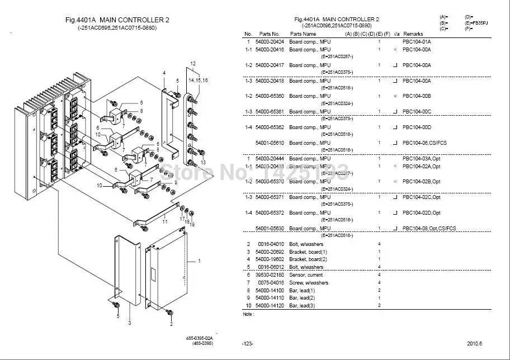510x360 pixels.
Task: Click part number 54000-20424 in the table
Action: point(270,42)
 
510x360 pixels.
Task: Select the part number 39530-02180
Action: point(270,275)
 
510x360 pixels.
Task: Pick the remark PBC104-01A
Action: point(417,42)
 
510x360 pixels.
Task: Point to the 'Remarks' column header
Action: point(413,34)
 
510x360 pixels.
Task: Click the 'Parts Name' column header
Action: point(303,34)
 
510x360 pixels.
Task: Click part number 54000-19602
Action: point(270,259)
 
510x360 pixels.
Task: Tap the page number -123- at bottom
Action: point(247,343)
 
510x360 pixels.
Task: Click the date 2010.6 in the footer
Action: point(475,343)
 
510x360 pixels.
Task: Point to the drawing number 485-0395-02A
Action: point(200,338)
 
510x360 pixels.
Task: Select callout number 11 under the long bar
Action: point(164,222)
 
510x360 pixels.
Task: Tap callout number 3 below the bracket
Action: point(129,323)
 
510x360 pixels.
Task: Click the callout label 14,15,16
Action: point(197,80)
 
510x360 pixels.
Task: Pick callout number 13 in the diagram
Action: point(203,162)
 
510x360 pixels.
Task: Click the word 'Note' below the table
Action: point(248,314)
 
